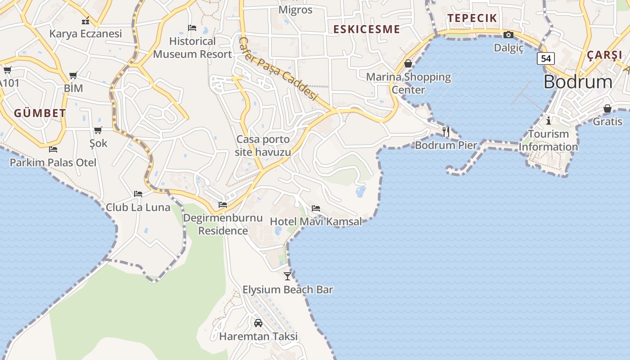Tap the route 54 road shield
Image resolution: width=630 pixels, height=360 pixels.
pos(545,58)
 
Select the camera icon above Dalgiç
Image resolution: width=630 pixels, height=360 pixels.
pos(508,35)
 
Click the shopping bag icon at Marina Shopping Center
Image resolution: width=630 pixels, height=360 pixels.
pos(408,64)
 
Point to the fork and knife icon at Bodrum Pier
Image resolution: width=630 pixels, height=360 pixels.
pos(446,131)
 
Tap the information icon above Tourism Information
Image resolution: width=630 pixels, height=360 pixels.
pos(548,121)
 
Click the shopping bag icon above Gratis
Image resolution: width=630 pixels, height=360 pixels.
pos(607,108)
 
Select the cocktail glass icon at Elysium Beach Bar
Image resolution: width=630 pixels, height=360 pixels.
pos(288,276)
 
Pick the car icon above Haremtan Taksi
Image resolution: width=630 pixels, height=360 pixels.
pos(258,323)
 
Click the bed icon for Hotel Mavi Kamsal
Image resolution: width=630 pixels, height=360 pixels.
pos(316,208)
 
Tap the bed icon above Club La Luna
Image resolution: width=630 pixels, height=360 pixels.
pos(138,194)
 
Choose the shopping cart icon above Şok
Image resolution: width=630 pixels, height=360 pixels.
pos(98,130)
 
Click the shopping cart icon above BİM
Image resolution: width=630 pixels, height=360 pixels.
pos(73,75)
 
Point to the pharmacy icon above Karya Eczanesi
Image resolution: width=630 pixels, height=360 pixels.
pos(85,21)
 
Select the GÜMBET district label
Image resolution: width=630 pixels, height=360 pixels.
pos(40,113)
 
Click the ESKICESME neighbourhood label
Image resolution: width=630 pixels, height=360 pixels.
pos(366,29)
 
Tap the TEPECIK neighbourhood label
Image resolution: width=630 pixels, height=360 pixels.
pos(472,18)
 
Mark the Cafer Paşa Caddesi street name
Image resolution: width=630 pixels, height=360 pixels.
pos(278,69)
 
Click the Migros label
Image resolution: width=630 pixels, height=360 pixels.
pos(295,9)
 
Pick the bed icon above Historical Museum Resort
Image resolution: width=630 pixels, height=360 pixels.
pos(192,28)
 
